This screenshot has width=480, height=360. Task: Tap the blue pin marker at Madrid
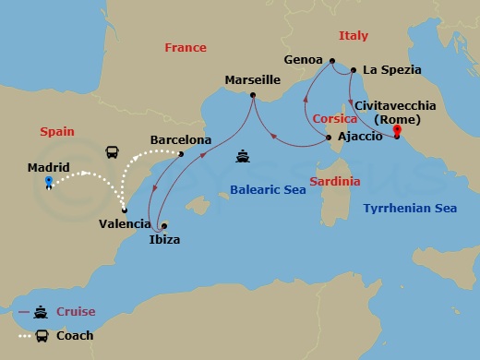click(x=48, y=181)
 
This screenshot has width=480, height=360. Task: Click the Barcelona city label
click(x=180, y=140)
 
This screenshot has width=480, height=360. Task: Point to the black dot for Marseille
click(x=252, y=94)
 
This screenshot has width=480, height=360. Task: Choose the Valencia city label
click(x=125, y=223)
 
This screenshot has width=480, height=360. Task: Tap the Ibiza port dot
click(x=163, y=225)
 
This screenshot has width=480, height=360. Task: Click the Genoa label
click(x=304, y=59)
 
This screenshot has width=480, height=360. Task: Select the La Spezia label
click(x=392, y=69)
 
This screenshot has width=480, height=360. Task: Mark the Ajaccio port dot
click(x=330, y=138)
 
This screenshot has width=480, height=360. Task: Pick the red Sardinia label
click(x=334, y=181)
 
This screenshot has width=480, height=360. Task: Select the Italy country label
click(x=353, y=36)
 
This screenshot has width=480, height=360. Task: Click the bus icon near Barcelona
click(x=112, y=151)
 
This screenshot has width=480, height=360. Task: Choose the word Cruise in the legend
click(x=75, y=312)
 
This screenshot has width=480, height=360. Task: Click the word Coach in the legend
click(x=75, y=335)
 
